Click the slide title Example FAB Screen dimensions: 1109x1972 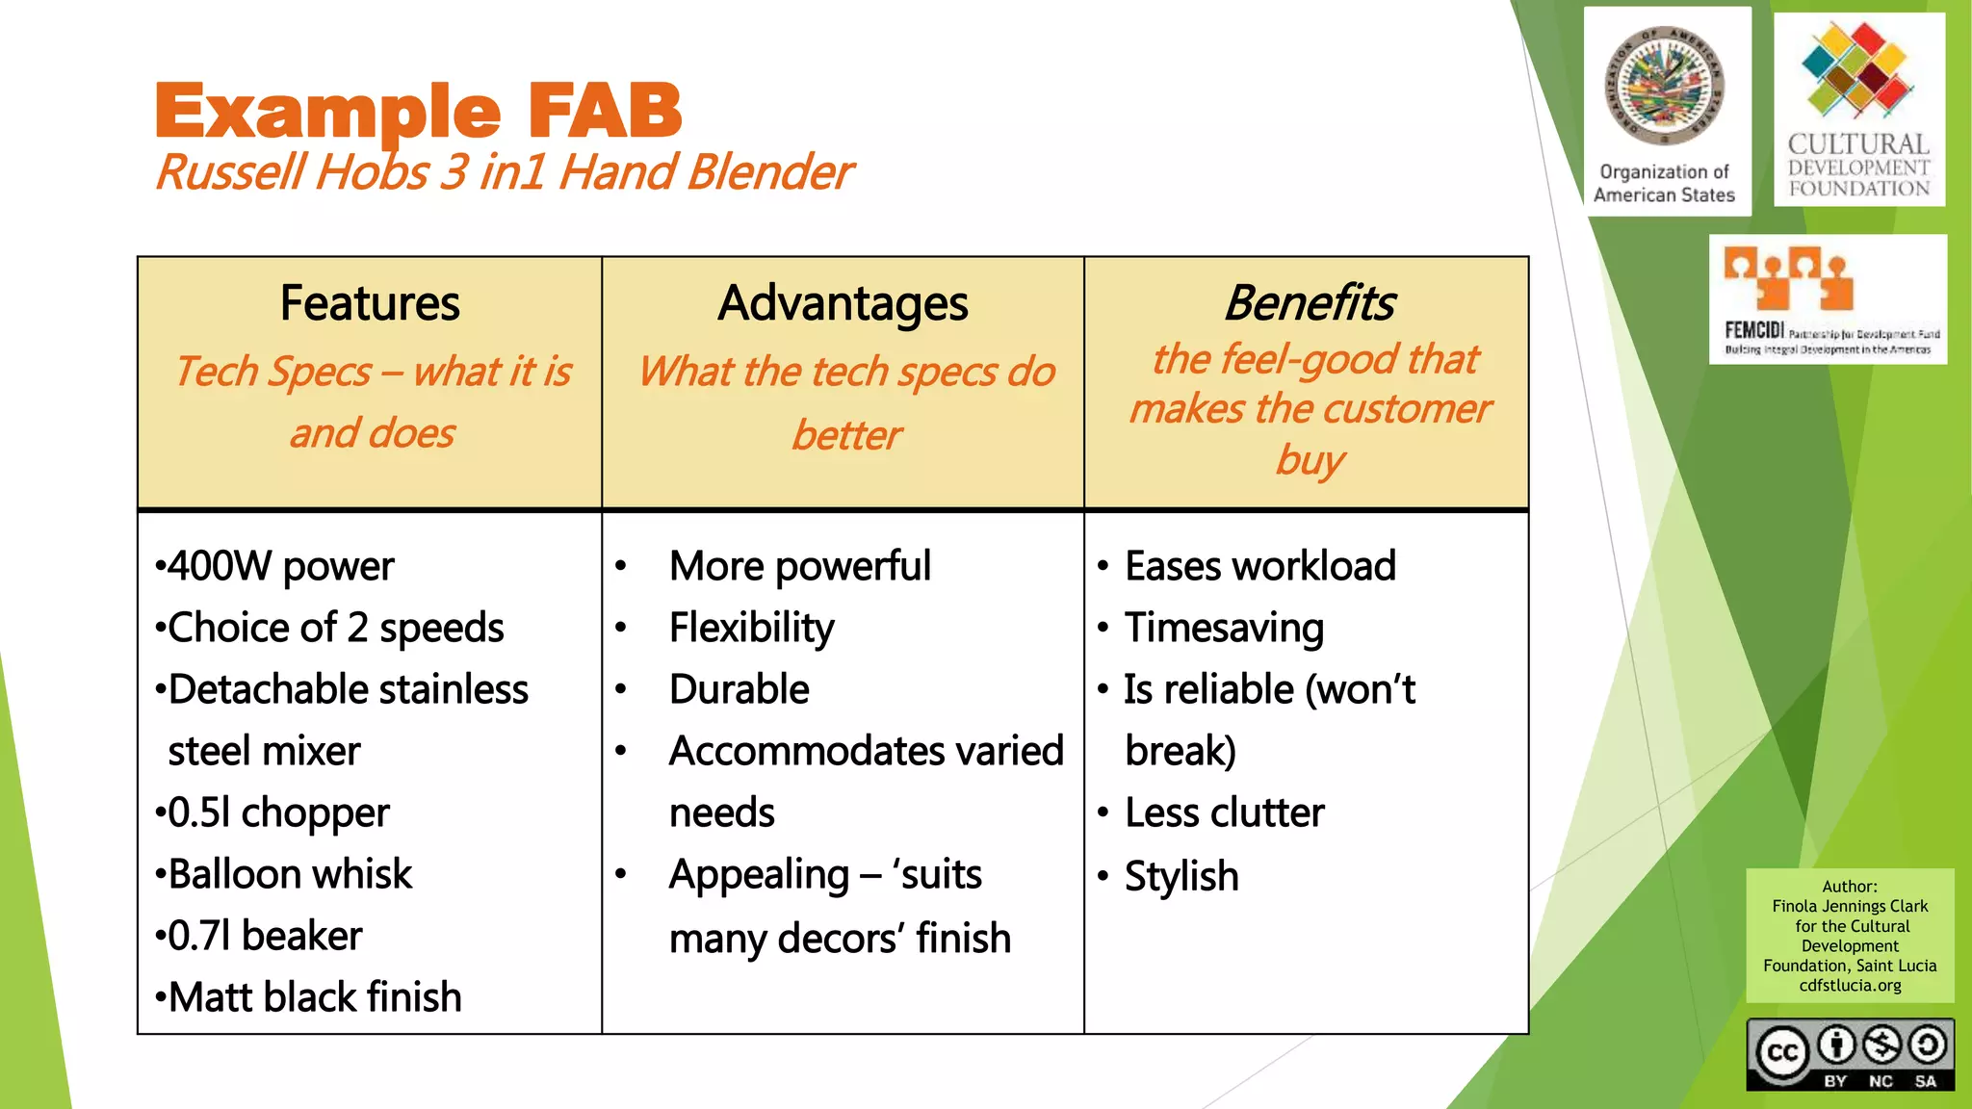[x=418, y=113]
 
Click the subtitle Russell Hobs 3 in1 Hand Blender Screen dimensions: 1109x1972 [x=504, y=173]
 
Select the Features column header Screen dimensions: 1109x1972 [x=370, y=303]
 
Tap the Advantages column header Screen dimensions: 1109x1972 [x=843, y=303]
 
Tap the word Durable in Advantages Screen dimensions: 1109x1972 [x=739, y=689]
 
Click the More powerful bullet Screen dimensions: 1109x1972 [x=799, y=566]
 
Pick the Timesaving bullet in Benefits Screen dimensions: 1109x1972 [x=1224, y=628]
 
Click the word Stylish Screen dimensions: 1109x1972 [x=1181, y=876]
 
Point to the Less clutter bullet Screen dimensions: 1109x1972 [x=1224, y=812]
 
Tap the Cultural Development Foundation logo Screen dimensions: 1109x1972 [x=1858, y=111]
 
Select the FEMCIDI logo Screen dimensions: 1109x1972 [x=1828, y=299]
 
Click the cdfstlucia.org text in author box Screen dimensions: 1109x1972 [x=1850, y=986]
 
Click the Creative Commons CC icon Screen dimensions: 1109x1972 [x=1781, y=1052]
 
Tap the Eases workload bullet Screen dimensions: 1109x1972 [x=1259, y=566]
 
